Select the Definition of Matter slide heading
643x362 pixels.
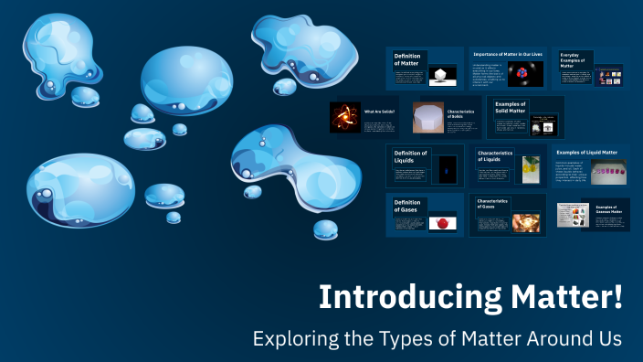point(407,59)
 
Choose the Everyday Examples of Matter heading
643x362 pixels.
point(573,59)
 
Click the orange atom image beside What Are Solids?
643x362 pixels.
point(345,117)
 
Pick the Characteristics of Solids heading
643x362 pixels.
point(460,113)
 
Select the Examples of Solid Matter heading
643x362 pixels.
point(511,108)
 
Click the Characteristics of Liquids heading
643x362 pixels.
point(496,156)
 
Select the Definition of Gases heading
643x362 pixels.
point(407,206)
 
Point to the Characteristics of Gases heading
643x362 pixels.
point(492,203)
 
